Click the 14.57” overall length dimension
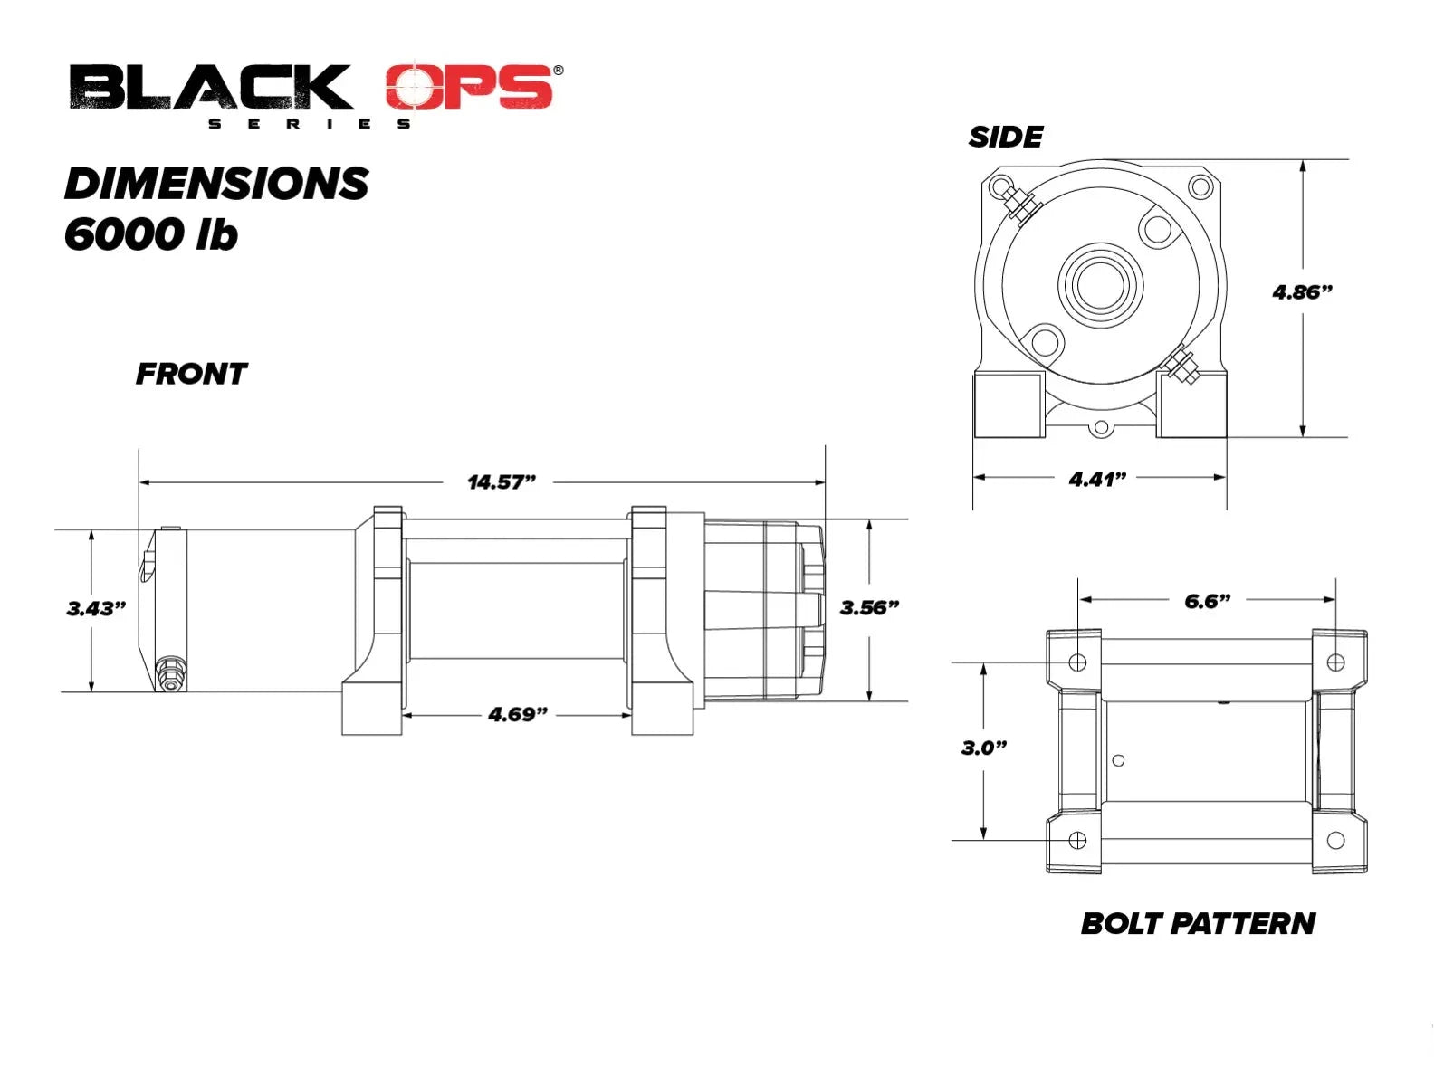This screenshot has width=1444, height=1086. [502, 481]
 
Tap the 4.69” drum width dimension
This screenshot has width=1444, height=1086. [518, 714]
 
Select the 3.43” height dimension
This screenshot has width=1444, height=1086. [96, 608]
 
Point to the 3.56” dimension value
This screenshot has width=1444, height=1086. [869, 606]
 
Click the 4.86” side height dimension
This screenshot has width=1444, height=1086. [1303, 291]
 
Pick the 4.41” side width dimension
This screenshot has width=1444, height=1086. [1098, 479]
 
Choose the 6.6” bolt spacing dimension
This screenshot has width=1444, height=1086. [1207, 601]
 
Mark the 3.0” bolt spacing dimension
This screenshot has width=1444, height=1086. [984, 748]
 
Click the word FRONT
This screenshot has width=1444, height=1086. [191, 374]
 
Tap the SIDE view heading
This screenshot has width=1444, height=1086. [1005, 137]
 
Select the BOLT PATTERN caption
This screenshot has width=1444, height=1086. [1198, 924]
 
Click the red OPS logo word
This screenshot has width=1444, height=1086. [469, 86]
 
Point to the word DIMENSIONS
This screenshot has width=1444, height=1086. [216, 184]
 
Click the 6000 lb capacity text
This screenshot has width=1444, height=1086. [150, 233]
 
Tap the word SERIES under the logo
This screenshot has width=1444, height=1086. [310, 124]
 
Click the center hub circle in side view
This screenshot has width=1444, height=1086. [1101, 285]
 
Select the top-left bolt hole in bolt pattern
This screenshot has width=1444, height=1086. [1077, 662]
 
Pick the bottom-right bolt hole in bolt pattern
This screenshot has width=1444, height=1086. [1335, 840]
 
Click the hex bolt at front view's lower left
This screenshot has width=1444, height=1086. [171, 673]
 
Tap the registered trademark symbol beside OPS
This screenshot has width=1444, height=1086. [558, 70]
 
